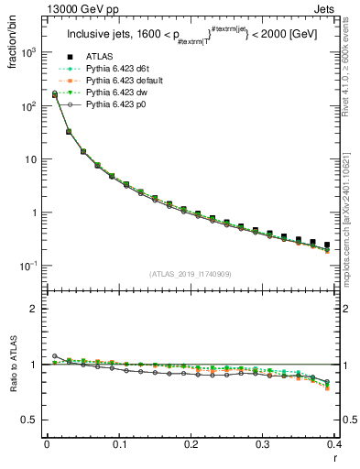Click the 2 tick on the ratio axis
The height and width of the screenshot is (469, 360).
(x=35, y=309)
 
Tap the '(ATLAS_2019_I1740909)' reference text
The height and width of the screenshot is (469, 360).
(x=190, y=275)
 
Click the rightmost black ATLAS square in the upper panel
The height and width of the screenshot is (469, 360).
(x=327, y=245)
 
